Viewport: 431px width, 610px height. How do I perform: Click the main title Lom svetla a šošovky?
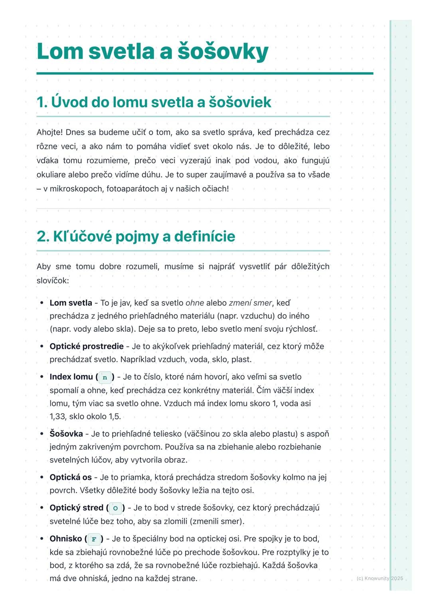pyautogui.click(x=152, y=51)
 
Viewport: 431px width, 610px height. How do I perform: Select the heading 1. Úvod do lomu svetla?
pyautogui.click(x=154, y=102)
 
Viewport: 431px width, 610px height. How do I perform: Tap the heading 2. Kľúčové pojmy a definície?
pyautogui.click(x=136, y=236)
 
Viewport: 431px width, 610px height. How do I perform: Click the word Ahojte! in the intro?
pyautogui.click(x=49, y=132)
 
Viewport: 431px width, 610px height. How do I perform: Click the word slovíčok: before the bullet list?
pyautogui.click(x=53, y=281)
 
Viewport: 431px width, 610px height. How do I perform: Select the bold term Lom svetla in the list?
pyautogui.click(x=71, y=303)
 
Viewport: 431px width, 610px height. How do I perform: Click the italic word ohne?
pyautogui.click(x=195, y=303)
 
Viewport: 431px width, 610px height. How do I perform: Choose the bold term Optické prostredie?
pyautogui.click(x=87, y=347)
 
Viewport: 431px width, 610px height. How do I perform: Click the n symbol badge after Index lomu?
pyautogui.click(x=105, y=377)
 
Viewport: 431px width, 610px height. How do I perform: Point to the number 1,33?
pyautogui.click(x=57, y=416)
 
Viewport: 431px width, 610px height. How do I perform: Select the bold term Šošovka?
pyautogui.click(x=66, y=434)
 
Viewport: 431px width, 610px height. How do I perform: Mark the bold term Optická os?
pyautogui.click(x=71, y=477)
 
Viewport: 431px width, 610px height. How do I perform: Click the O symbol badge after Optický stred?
pyautogui.click(x=115, y=508)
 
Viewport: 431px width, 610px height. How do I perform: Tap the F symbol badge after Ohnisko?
pyautogui.click(x=94, y=539)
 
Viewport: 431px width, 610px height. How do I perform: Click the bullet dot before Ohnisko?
pyautogui.click(x=42, y=539)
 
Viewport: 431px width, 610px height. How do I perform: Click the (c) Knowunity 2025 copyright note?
pyautogui.click(x=380, y=578)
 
